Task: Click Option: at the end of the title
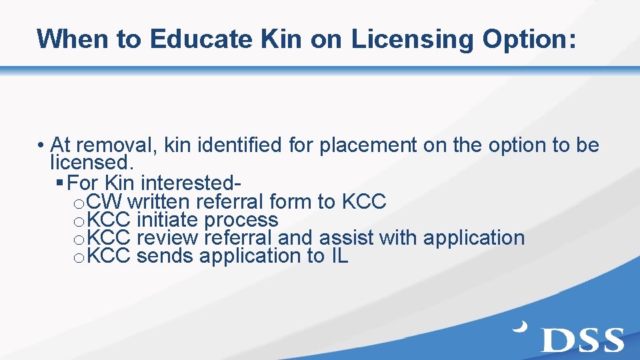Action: (529, 39)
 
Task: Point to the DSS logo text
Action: (583, 339)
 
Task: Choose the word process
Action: (241, 219)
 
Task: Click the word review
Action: (170, 237)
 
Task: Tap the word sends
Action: (165, 256)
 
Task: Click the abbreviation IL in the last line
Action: (339, 256)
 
